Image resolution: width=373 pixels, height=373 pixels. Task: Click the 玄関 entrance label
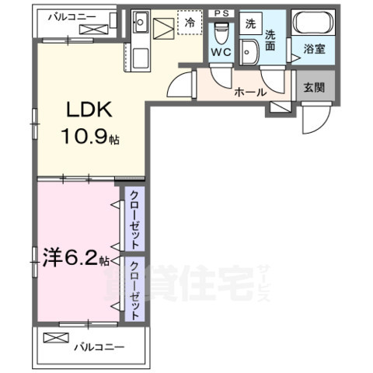coord(314,87)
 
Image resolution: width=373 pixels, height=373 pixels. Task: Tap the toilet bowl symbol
coord(221,32)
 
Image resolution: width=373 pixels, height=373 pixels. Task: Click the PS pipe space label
coord(221,13)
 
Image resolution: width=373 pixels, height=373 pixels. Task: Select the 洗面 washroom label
coord(271,39)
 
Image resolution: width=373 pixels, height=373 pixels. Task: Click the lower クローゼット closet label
coord(134,290)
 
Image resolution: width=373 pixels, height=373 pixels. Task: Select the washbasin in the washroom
coord(250,53)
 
